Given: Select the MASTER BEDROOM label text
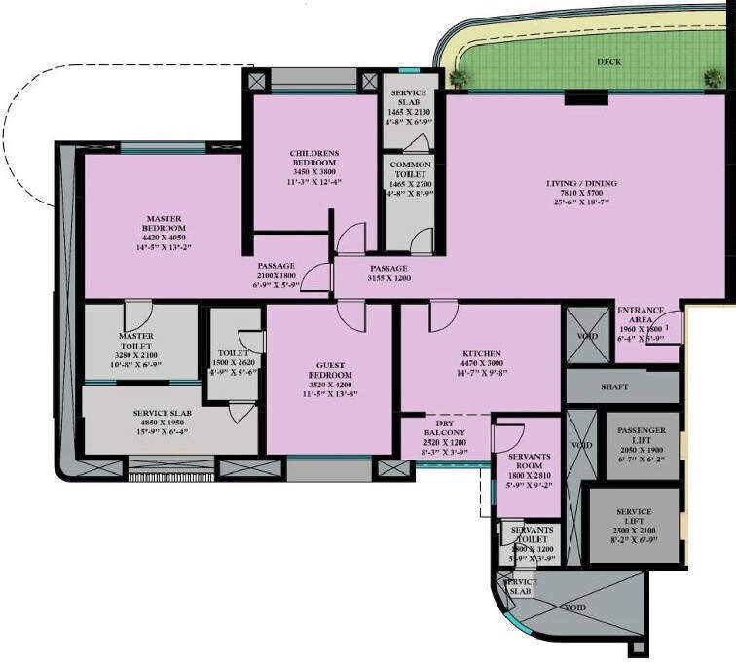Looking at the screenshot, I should [164, 223].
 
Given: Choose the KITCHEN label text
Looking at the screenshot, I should [481, 353].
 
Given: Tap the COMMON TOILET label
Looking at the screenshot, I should [409, 169].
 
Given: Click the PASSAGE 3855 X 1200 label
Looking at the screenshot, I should [387, 273].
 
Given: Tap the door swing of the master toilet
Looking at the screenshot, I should [137, 313].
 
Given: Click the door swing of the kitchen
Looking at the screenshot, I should [443, 314].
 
